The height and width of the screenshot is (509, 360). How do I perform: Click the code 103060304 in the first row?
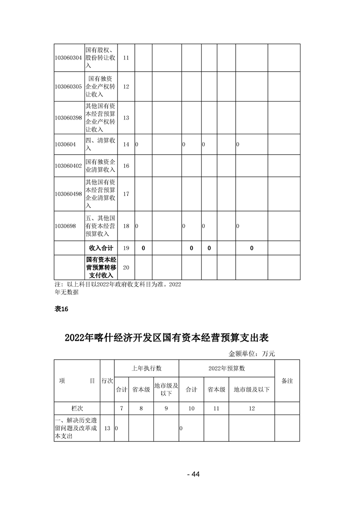(68, 58)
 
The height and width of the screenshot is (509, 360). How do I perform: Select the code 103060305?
(68, 87)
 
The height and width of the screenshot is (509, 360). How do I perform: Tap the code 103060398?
(68, 117)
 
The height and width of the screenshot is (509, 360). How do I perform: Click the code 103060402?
(68, 166)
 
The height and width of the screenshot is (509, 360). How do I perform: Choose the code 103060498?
(68, 194)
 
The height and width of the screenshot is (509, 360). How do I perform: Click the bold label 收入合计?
(100, 248)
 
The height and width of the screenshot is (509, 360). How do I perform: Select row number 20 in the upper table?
(126, 268)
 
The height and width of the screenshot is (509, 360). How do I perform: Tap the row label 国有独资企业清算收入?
(100, 166)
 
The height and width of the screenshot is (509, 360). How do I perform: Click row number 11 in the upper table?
(126, 58)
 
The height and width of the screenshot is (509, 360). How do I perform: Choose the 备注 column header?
(287, 381)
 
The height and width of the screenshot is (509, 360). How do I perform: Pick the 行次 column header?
(107, 381)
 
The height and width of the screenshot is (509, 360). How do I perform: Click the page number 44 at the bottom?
(193, 475)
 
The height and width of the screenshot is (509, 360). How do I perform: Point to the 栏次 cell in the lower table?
(77, 408)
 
